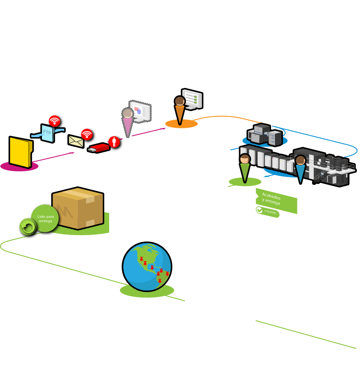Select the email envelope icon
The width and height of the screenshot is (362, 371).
click(76, 141)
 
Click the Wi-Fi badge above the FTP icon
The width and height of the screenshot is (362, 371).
click(55, 121)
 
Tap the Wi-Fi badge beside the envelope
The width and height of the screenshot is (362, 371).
click(87, 134)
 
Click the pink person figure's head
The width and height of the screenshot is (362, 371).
click(128, 113)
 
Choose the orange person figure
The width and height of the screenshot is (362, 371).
click(180, 109)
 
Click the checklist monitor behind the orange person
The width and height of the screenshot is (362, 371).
click(193, 98)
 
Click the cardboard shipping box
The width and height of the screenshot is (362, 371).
click(78, 208)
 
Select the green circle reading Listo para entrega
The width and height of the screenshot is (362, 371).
click(45, 219)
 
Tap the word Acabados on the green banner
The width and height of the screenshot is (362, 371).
click(271, 196)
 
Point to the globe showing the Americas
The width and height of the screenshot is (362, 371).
click(147, 266)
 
